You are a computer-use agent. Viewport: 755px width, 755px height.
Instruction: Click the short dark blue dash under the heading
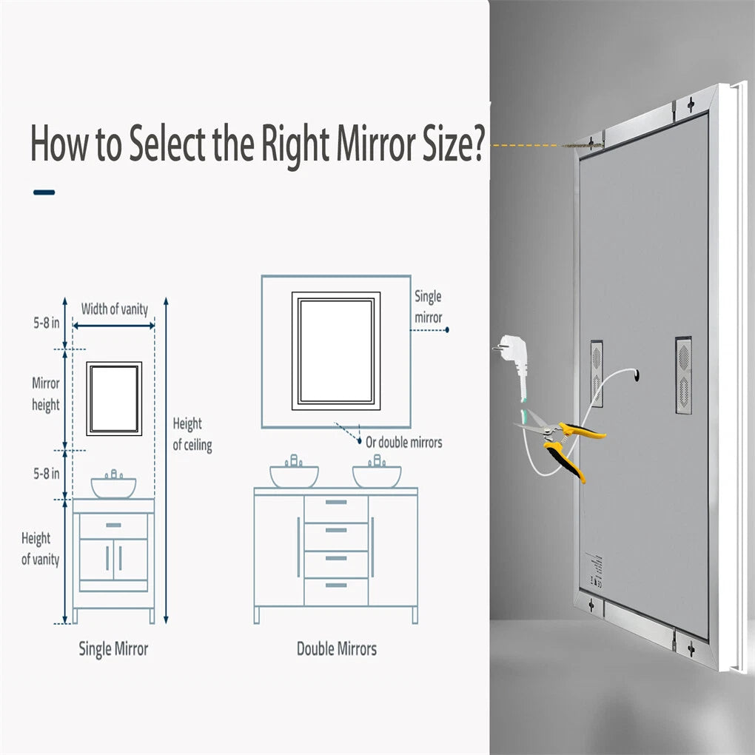[x=44, y=192]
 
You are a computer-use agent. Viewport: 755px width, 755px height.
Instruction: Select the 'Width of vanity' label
[x=114, y=309]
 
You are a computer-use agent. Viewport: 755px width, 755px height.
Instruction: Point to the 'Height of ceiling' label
[x=192, y=434]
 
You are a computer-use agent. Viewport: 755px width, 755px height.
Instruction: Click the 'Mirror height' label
[x=45, y=395]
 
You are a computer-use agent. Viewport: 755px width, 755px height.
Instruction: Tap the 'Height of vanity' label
[x=39, y=548]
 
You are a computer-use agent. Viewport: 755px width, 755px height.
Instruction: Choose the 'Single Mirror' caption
[x=113, y=649]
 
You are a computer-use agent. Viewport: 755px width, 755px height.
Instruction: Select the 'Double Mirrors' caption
[x=336, y=649]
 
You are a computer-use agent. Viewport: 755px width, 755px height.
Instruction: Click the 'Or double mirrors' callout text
[x=403, y=443]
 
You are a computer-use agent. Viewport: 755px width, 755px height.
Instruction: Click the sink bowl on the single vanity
[x=113, y=486]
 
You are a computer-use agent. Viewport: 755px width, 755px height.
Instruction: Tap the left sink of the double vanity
[x=294, y=475]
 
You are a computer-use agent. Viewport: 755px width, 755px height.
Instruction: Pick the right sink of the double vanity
[x=377, y=475]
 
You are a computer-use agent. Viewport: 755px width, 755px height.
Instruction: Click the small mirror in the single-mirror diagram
[x=113, y=398]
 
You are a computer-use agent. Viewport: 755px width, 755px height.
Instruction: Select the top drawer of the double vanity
[x=336, y=509]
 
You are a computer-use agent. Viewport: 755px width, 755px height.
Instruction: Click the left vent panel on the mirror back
[x=596, y=373]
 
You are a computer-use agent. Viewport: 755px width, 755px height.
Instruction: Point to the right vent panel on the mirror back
[x=683, y=375]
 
